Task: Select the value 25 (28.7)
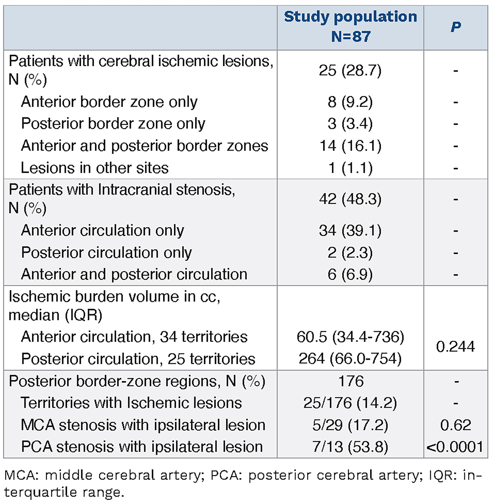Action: pyautogui.click(x=350, y=70)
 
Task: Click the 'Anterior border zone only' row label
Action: pyautogui.click(x=109, y=102)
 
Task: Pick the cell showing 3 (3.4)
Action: pyautogui.click(x=350, y=124)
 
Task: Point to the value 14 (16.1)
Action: pyautogui.click(x=350, y=146)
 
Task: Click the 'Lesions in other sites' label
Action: pyautogui.click(x=94, y=168)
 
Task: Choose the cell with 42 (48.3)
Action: pyautogui.click(x=350, y=199)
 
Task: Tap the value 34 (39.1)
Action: pyautogui.click(x=350, y=231)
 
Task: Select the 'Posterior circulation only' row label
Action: pyautogui.click(x=106, y=253)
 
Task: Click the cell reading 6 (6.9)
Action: pyautogui.click(x=350, y=274)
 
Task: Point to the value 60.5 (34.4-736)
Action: pyautogui.click(x=350, y=337)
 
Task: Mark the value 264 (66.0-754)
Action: pyautogui.click(x=350, y=359)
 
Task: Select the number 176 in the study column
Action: pyautogui.click(x=351, y=381)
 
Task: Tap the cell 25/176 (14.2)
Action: pyautogui.click(x=350, y=403)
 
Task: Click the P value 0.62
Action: pyautogui.click(x=455, y=425)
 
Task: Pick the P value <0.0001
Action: pyautogui.click(x=455, y=447)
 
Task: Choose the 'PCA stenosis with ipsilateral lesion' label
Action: pyautogui.click(x=142, y=447)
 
